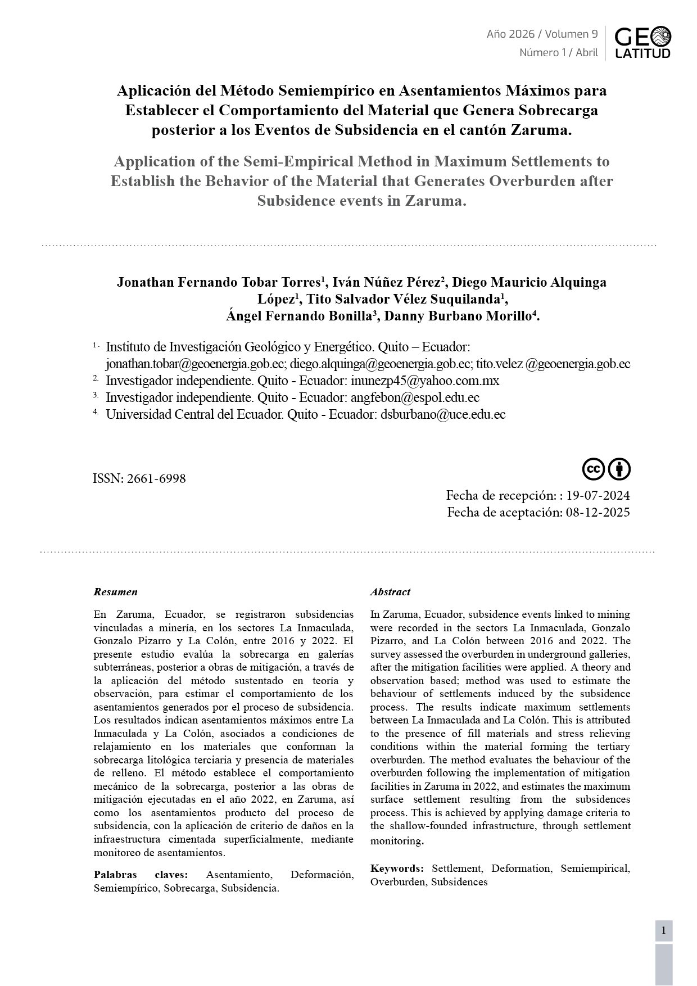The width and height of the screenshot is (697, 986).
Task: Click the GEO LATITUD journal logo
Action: click(x=642, y=43)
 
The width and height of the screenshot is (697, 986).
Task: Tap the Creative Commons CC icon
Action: click(x=593, y=469)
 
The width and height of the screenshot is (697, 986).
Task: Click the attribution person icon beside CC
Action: click(x=619, y=469)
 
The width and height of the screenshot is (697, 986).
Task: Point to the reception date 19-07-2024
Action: click(x=598, y=496)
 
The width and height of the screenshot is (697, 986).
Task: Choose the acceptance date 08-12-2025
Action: click(x=598, y=513)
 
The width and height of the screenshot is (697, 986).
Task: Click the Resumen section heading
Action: click(x=115, y=592)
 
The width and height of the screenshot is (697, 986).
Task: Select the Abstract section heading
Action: click(x=390, y=592)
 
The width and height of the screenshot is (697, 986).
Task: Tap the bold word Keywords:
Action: click(x=397, y=869)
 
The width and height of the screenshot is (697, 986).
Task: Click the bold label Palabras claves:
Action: click(x=141, y=875)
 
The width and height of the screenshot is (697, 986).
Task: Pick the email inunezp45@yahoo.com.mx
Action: click(x=424, y=381)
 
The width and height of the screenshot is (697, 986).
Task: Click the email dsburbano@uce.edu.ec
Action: click(x=443, y=415)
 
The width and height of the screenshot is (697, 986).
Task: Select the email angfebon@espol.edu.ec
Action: click(x=415, y=398)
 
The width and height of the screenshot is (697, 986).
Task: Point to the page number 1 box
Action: click(x=663, y=931)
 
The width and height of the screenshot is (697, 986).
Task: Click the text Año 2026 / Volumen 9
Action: click(x=542, y=34)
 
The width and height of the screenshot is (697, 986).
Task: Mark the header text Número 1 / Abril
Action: click(x=558, y=53)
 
